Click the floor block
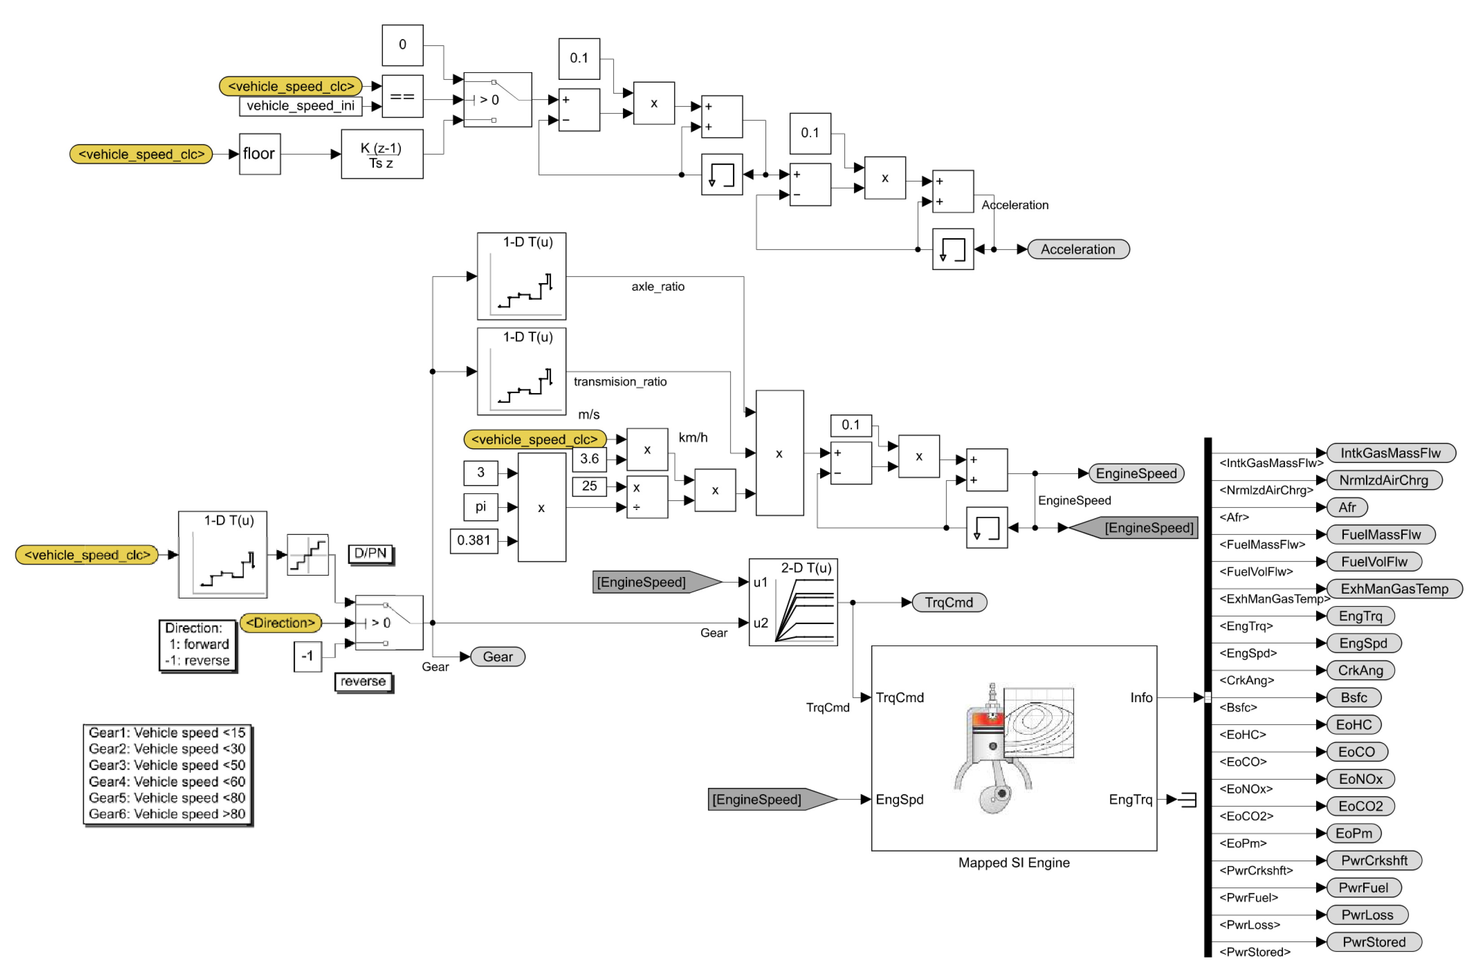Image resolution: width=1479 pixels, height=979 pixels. click(x=259, y=154)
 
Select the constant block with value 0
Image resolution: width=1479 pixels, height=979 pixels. click(x=402, y=45)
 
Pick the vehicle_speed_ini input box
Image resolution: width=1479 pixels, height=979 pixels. click(x=300, y=106)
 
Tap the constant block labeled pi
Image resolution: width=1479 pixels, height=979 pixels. click(x=480, y=507)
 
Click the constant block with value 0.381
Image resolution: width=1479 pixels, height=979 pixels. click(x=474, y=540)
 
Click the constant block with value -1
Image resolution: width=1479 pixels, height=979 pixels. click(x=307, y=656)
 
